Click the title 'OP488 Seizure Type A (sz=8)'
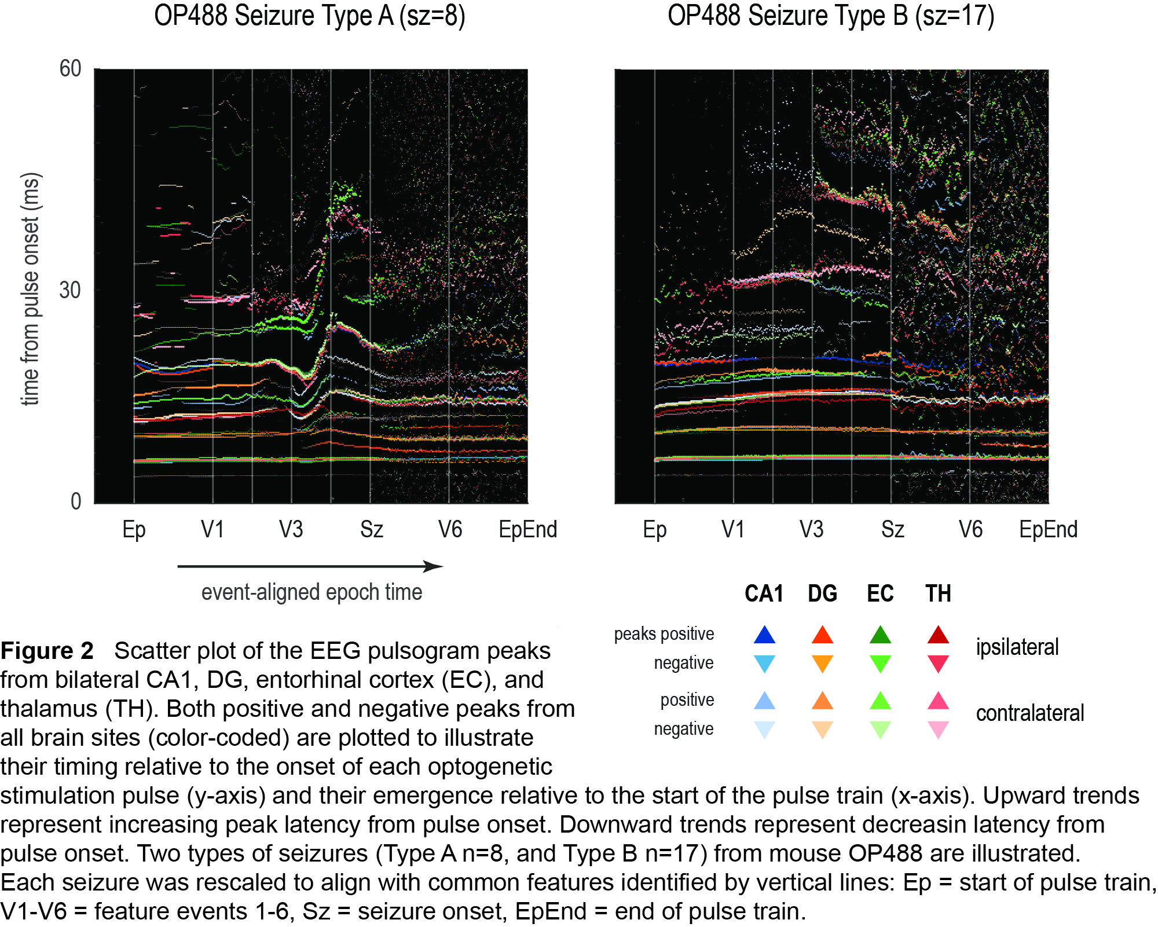309,16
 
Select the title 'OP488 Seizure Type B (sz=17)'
830,16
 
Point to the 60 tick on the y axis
70,69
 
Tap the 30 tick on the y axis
70,290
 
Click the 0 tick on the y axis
76,501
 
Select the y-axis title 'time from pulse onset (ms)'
30,289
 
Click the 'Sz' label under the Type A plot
371,529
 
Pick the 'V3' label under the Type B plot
811,529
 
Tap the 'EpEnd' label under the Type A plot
527,529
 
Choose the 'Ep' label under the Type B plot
654,529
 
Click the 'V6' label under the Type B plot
970,529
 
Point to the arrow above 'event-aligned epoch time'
310,566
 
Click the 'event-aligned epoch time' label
312,592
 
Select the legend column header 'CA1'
764,593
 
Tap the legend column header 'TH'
938,593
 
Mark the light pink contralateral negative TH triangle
938,729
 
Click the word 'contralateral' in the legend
1029,713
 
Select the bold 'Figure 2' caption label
47,651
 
